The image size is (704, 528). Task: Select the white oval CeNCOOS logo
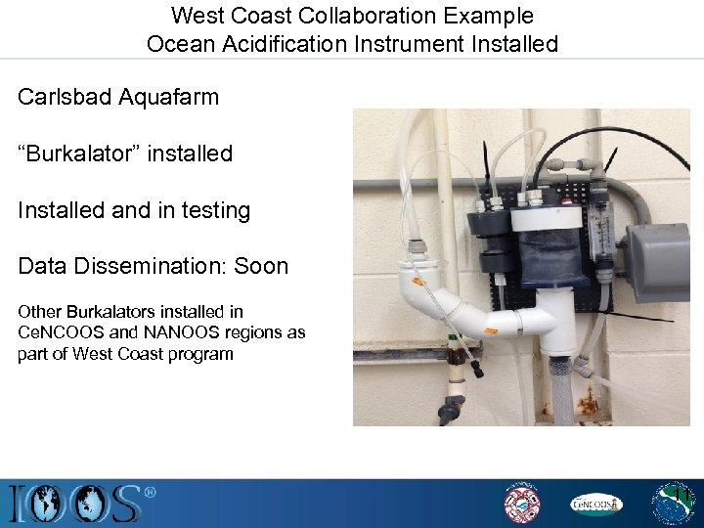(x=595, y=504)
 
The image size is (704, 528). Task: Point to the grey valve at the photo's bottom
(x=451, y=408)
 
